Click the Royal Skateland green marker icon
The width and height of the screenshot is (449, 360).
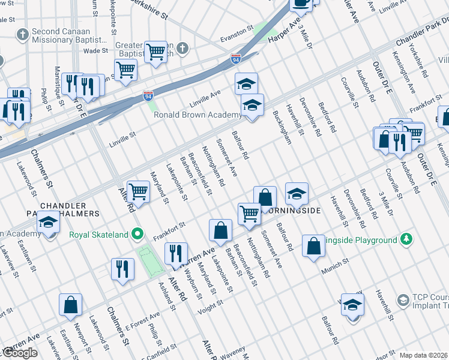coord(138,234)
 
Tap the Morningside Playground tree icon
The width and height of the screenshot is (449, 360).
coord(407,239)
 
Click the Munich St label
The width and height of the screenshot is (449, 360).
coord(339,262)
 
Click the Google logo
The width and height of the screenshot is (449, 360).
coord(19,353)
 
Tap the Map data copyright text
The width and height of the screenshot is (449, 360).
coord(423,355)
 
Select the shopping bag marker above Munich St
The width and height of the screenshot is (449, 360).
coord(314,245)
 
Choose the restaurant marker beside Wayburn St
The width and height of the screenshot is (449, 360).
coord(175,253)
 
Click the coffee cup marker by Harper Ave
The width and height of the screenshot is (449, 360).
coord(301,3)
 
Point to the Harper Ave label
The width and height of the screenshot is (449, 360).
coord(284,32)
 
